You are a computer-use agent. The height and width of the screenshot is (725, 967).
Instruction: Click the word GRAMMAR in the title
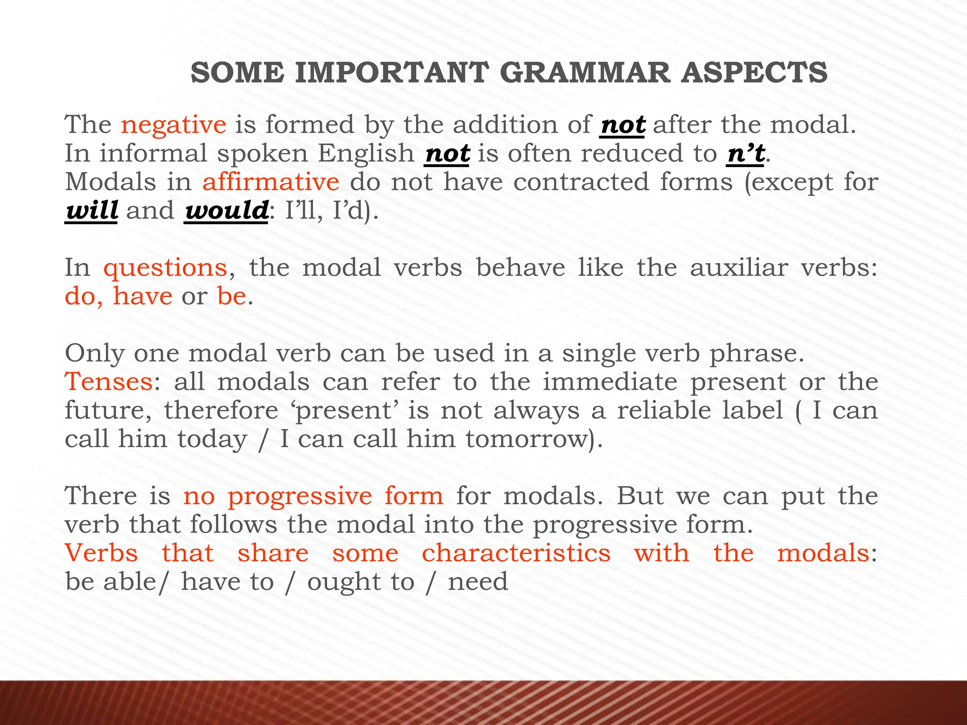[x=584, y=73]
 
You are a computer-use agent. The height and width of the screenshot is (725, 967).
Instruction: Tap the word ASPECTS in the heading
[x=754, y=73]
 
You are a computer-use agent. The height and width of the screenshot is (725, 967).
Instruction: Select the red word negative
[x=173, y=125]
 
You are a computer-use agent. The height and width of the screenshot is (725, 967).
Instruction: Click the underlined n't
[x=746, y=153]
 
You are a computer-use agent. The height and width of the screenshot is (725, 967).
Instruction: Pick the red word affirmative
[x=271, y=182]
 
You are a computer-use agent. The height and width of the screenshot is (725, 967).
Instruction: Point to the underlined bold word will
[x=91, y=211]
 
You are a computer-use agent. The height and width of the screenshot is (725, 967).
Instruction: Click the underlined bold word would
[x=226, y=211]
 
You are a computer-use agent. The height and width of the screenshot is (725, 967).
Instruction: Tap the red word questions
[x=165, y=268]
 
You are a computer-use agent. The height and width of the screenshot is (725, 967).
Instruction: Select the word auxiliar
[x=738, y=268]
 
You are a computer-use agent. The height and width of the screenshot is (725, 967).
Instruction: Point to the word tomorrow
[x=528, y=439]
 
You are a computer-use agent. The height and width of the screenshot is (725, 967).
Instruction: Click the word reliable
[x=700, y=410]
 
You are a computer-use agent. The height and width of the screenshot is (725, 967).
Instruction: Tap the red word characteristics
[x=516, y=553]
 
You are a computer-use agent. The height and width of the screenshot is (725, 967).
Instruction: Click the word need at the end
[x=478, y=582]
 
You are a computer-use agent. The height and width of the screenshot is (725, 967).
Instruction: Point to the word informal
[x=153, y=153]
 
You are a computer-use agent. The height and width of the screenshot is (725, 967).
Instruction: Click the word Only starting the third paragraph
[x=94, y=353]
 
